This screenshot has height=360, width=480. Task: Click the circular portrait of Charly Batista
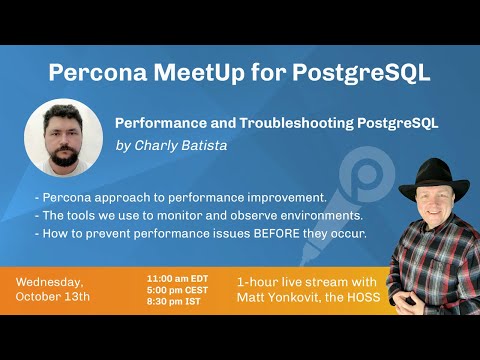(64, 138)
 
